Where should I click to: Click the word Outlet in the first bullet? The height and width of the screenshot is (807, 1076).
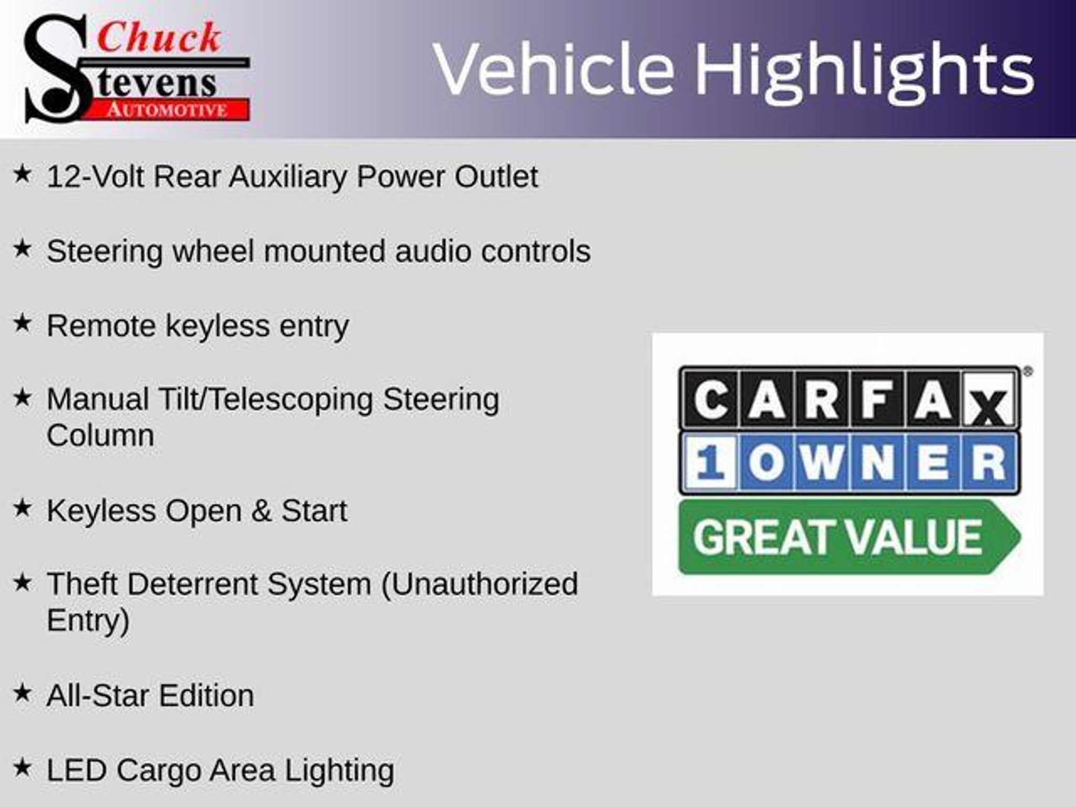(496, 177)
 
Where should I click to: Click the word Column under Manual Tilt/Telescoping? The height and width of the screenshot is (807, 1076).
(100, 436)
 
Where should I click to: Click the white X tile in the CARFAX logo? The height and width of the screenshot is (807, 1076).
(989, 399)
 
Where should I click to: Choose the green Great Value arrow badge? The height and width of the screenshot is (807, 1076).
(849, 537)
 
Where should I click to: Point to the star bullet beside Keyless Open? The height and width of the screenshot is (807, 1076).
(22, 508)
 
